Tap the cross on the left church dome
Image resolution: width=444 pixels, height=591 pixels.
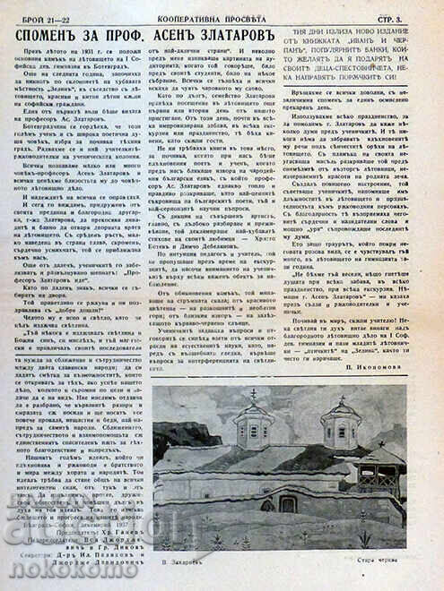256,395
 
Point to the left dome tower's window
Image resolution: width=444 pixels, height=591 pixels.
255,430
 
